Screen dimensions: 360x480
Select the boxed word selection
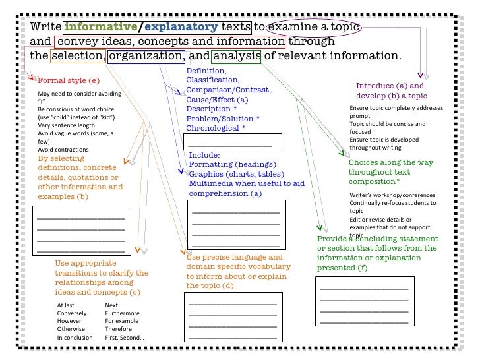tap(78, 55)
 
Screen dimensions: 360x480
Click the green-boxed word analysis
tap(237, 55)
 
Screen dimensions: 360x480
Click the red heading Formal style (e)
tap(69, 80)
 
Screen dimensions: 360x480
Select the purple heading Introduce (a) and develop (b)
tap(390, 91)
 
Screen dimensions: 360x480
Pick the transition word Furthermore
tap(123, 313)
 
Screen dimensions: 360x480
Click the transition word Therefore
tap(119, 329)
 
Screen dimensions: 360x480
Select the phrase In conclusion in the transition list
tap(75, 337)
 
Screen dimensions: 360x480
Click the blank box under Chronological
tap(232, 142)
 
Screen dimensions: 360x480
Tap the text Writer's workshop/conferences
tap(392, 195)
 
